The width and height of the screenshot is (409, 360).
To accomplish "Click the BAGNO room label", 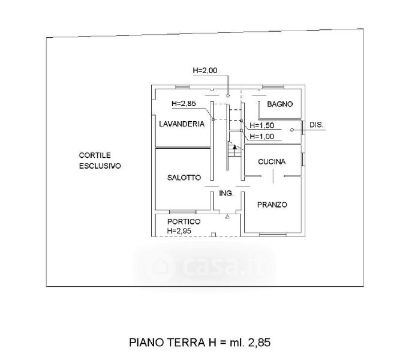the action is click(x=279, y=104).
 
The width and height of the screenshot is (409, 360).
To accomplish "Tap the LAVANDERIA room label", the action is click(x=182, y=124).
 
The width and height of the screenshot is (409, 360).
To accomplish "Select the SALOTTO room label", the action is click(x=184, y=178).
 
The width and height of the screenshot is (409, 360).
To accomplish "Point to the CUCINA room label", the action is click(x=272, y=161).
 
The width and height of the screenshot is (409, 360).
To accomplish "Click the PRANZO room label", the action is click(x=272, y=205).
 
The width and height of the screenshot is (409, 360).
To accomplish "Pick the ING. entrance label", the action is click(x=226, y=193).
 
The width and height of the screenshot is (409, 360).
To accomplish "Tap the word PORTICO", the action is click(x=184, y=221).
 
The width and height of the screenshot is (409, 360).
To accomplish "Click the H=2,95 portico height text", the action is click(x=179, y=231).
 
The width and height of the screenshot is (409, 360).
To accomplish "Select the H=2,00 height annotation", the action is click(x=204, y=70).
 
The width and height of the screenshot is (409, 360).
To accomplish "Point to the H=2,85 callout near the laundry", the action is click(x=184, y=104).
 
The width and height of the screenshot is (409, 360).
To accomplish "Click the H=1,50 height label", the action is click(x=262, y=125).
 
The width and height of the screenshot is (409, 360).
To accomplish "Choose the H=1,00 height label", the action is click(x=262, y=136).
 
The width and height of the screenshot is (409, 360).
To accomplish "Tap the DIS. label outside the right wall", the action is click(x=317, y=125).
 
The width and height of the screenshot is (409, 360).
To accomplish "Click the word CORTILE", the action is click(x=95, y=155).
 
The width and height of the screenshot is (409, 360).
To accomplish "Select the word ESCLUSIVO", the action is click(x=100, y=166).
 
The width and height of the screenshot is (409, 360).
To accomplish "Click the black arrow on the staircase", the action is click(x=234, y=147).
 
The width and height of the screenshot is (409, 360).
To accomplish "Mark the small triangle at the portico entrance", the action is click(x=227, y=217).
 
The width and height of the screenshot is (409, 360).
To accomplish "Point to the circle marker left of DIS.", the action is click(x=292, y=130).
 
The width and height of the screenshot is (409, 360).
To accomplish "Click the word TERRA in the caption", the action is click(x=186, y=342).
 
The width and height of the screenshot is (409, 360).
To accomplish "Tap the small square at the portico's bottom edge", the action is click(x=213, y=235).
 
